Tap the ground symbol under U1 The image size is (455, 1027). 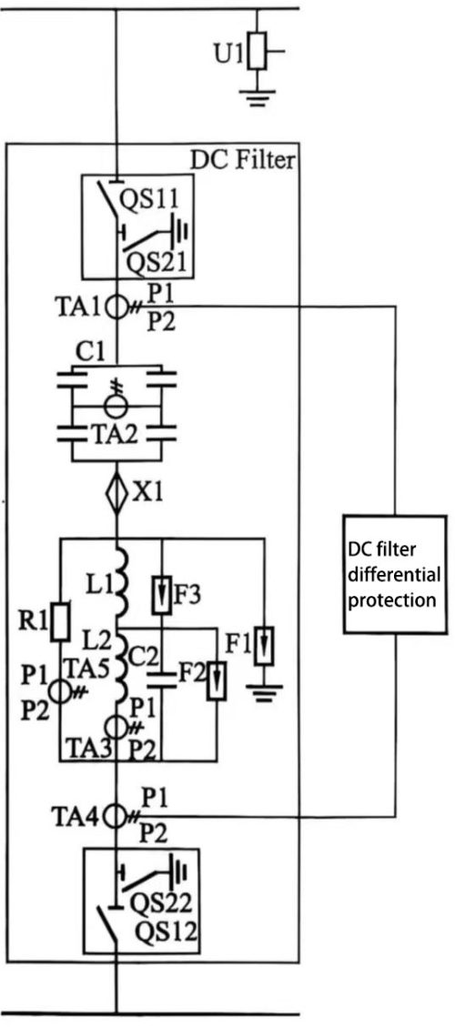click(259, 95)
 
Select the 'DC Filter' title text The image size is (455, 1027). click(242, 161)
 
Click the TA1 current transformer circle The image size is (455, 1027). click(117, 307)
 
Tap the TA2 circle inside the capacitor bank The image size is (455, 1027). click(116, 401)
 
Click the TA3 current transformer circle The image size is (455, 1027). click(116, 727)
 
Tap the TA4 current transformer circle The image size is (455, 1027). click(116, 815)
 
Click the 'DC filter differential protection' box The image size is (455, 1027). click(394, 573)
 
